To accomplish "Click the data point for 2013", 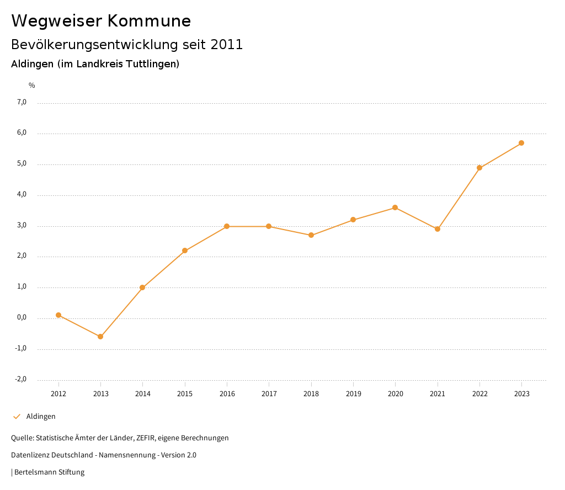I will [x=100, y=337].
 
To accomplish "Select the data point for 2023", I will [x=521, y=143].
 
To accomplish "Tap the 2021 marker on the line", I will [x=438, y=229].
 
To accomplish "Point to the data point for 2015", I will [x=185, y=251].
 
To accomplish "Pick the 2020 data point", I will [x=395, y=207].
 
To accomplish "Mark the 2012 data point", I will [x=58, y=315].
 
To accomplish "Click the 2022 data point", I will [x=479, y=168].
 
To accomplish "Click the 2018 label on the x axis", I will [x=311, y=394].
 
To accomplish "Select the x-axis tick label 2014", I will [x=143, y=394].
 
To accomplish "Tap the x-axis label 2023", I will [x=522, y=394].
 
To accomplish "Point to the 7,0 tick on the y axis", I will [x=22, y=102].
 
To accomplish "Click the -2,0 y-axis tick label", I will [x=21, y=380].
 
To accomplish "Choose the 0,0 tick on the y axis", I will [x=22, y=318].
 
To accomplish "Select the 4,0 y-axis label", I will [x=22, y=195].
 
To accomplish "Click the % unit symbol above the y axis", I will [x=32, y=86].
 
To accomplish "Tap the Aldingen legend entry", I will [x=41, y=417].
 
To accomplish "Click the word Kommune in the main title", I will [x=149, y=21].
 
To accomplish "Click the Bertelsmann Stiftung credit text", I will [x=49, y=472].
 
